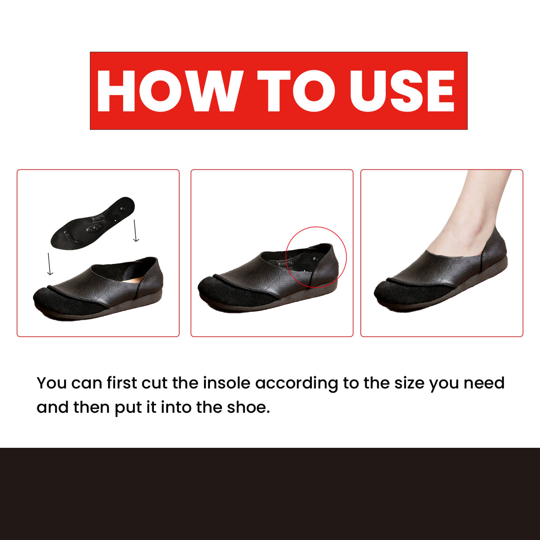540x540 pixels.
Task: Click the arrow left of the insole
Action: tap(50, 264)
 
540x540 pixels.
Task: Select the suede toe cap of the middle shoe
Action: tap(231, 291)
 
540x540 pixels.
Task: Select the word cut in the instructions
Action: tap(154, 383)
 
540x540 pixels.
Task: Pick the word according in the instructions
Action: tap(297, 384)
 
